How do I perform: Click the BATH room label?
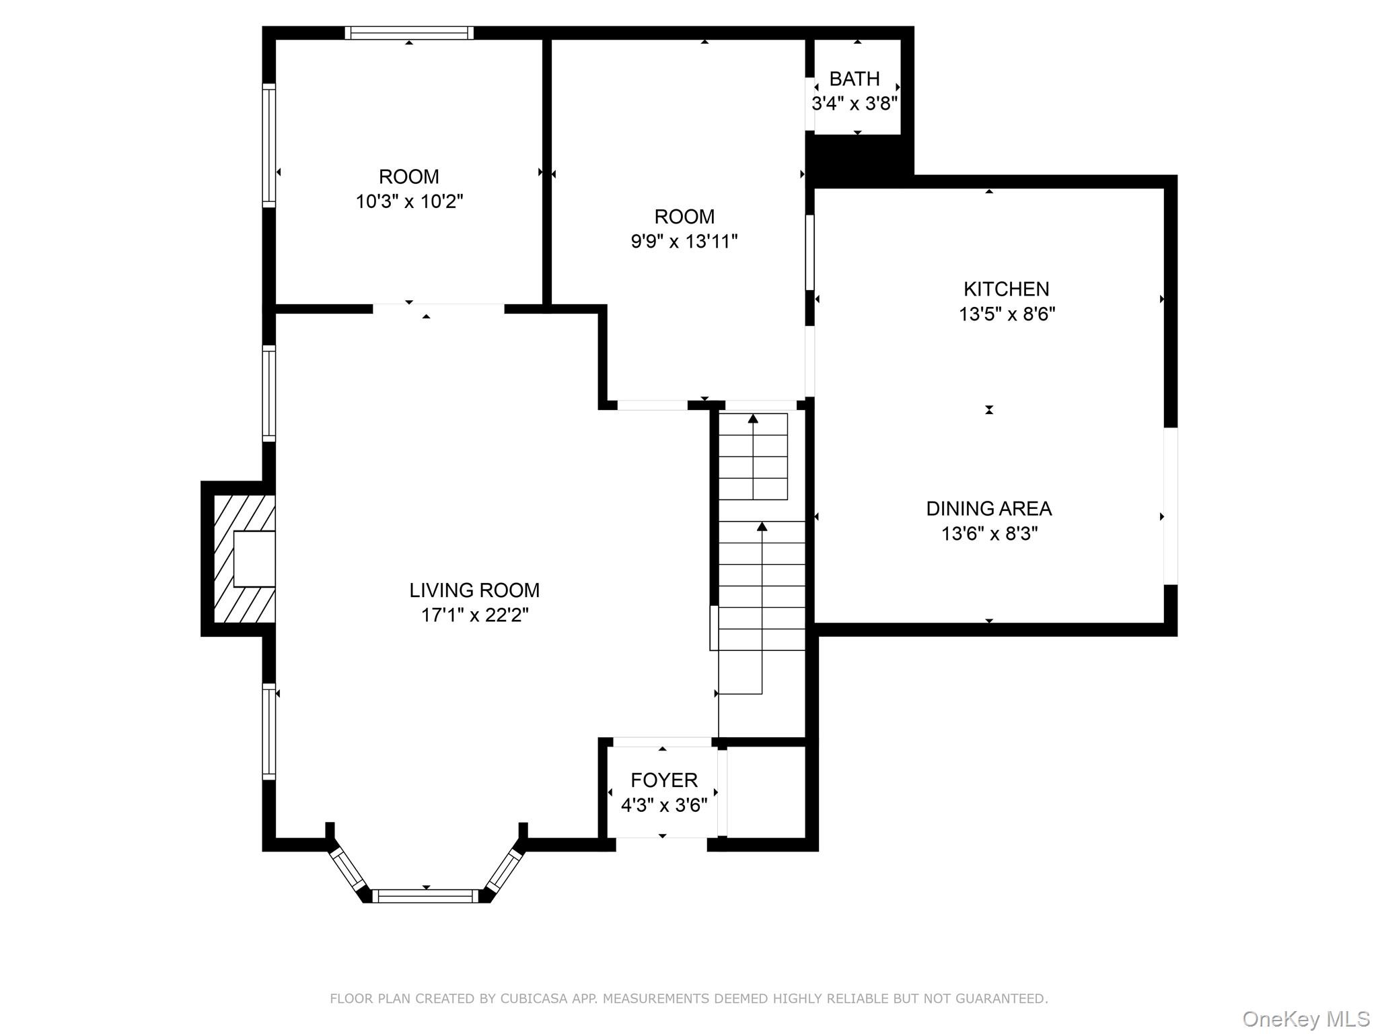tap(854, 79)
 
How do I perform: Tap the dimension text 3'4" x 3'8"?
tap(855, 104)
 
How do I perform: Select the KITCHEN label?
tap(1006, 289)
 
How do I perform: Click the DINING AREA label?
tap(988, 508)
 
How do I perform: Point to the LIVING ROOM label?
tap(474, 590)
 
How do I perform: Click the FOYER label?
tap(663, 780)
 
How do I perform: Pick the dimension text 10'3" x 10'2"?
tap(409, 201)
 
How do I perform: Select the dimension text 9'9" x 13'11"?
tap(684, 241)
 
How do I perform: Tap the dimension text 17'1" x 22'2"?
tap(474, 615)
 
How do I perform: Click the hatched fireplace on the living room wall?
tap(242, 559)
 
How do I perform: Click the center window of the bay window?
tap(425, 896)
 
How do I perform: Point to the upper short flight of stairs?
tap(753, 456)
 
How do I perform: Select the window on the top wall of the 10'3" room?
tap(409, 33)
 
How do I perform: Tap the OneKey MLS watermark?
tap(1305, 1019)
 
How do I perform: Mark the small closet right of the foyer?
tap(766, 792)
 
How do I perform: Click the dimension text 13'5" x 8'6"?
tap(1007, 314)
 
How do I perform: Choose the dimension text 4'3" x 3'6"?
tap(663, 805)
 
